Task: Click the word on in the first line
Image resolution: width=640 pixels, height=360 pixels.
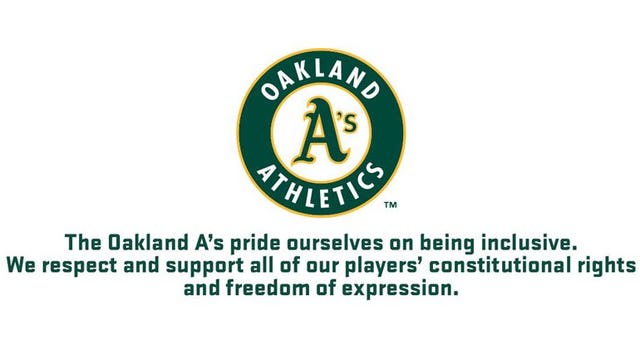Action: [408, 243]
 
